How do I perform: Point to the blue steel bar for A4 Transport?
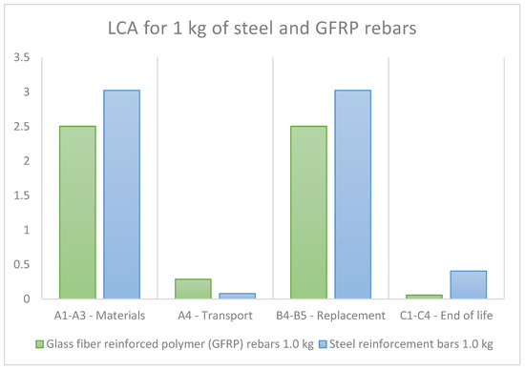point(238,296)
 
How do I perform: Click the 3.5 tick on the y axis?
point(22,58)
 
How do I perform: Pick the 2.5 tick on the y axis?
point(22,127)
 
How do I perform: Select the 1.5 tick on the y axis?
point(22,195)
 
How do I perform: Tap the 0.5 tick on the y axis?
point(22,264)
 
